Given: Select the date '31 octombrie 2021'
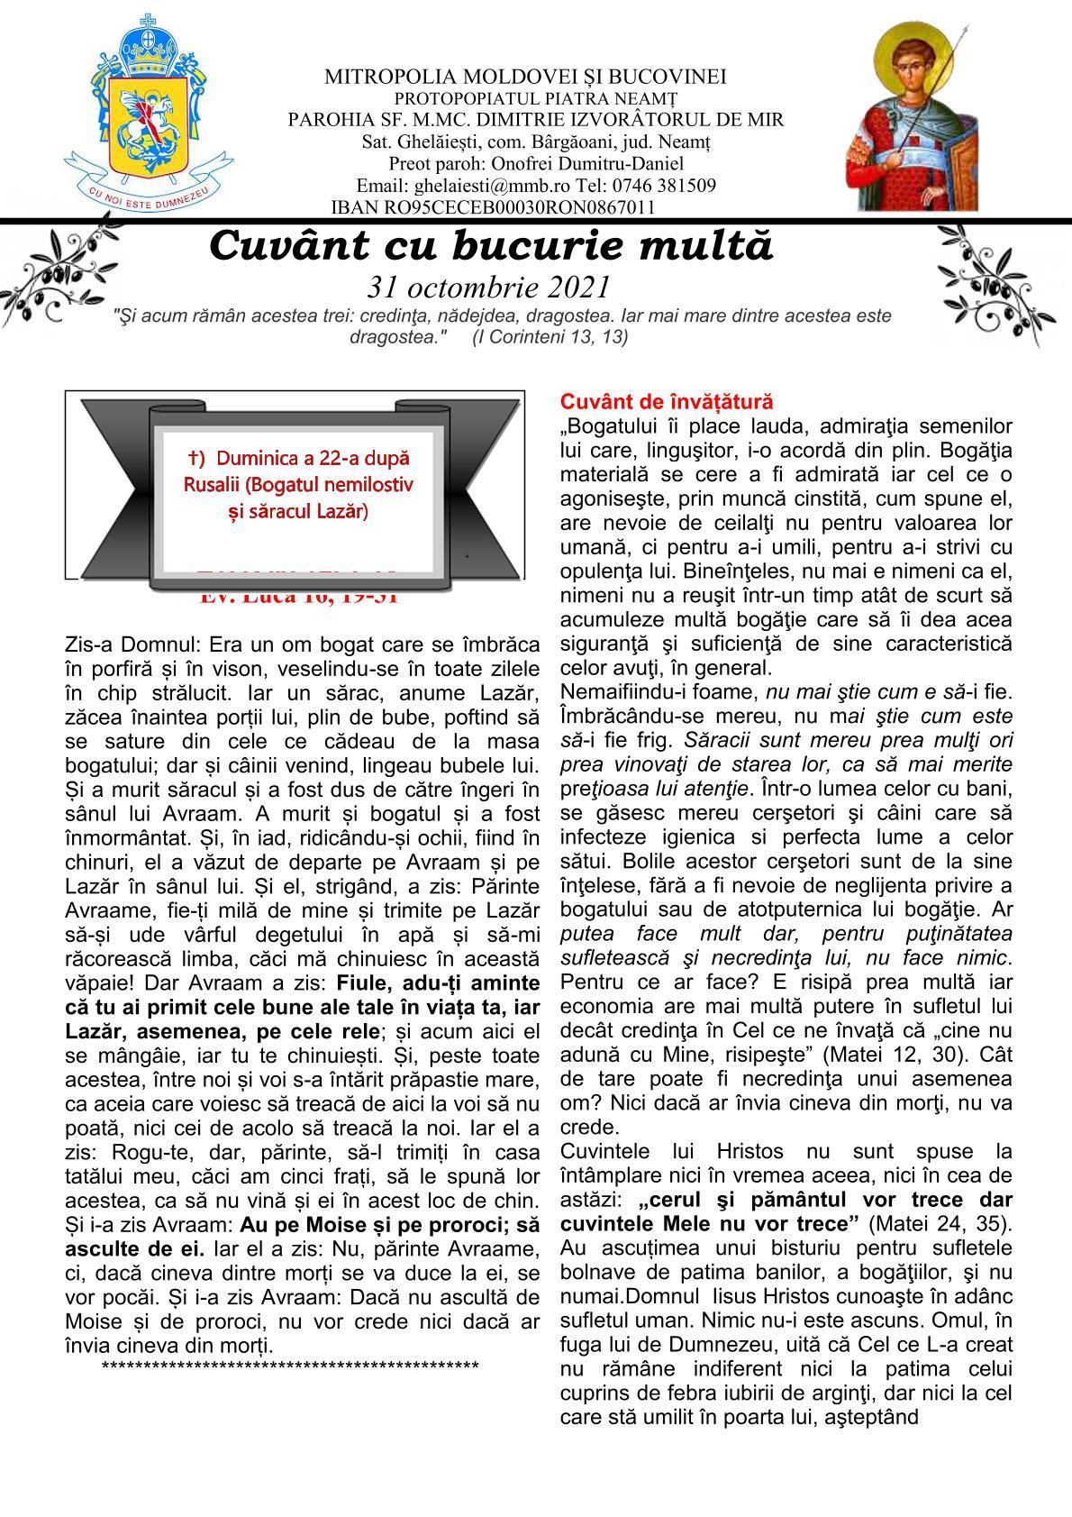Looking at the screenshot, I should (x=489, y=288).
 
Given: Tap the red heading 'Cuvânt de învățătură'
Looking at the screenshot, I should (x=666, y=401).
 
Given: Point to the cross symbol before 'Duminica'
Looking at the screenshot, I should (x=193, y=457).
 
